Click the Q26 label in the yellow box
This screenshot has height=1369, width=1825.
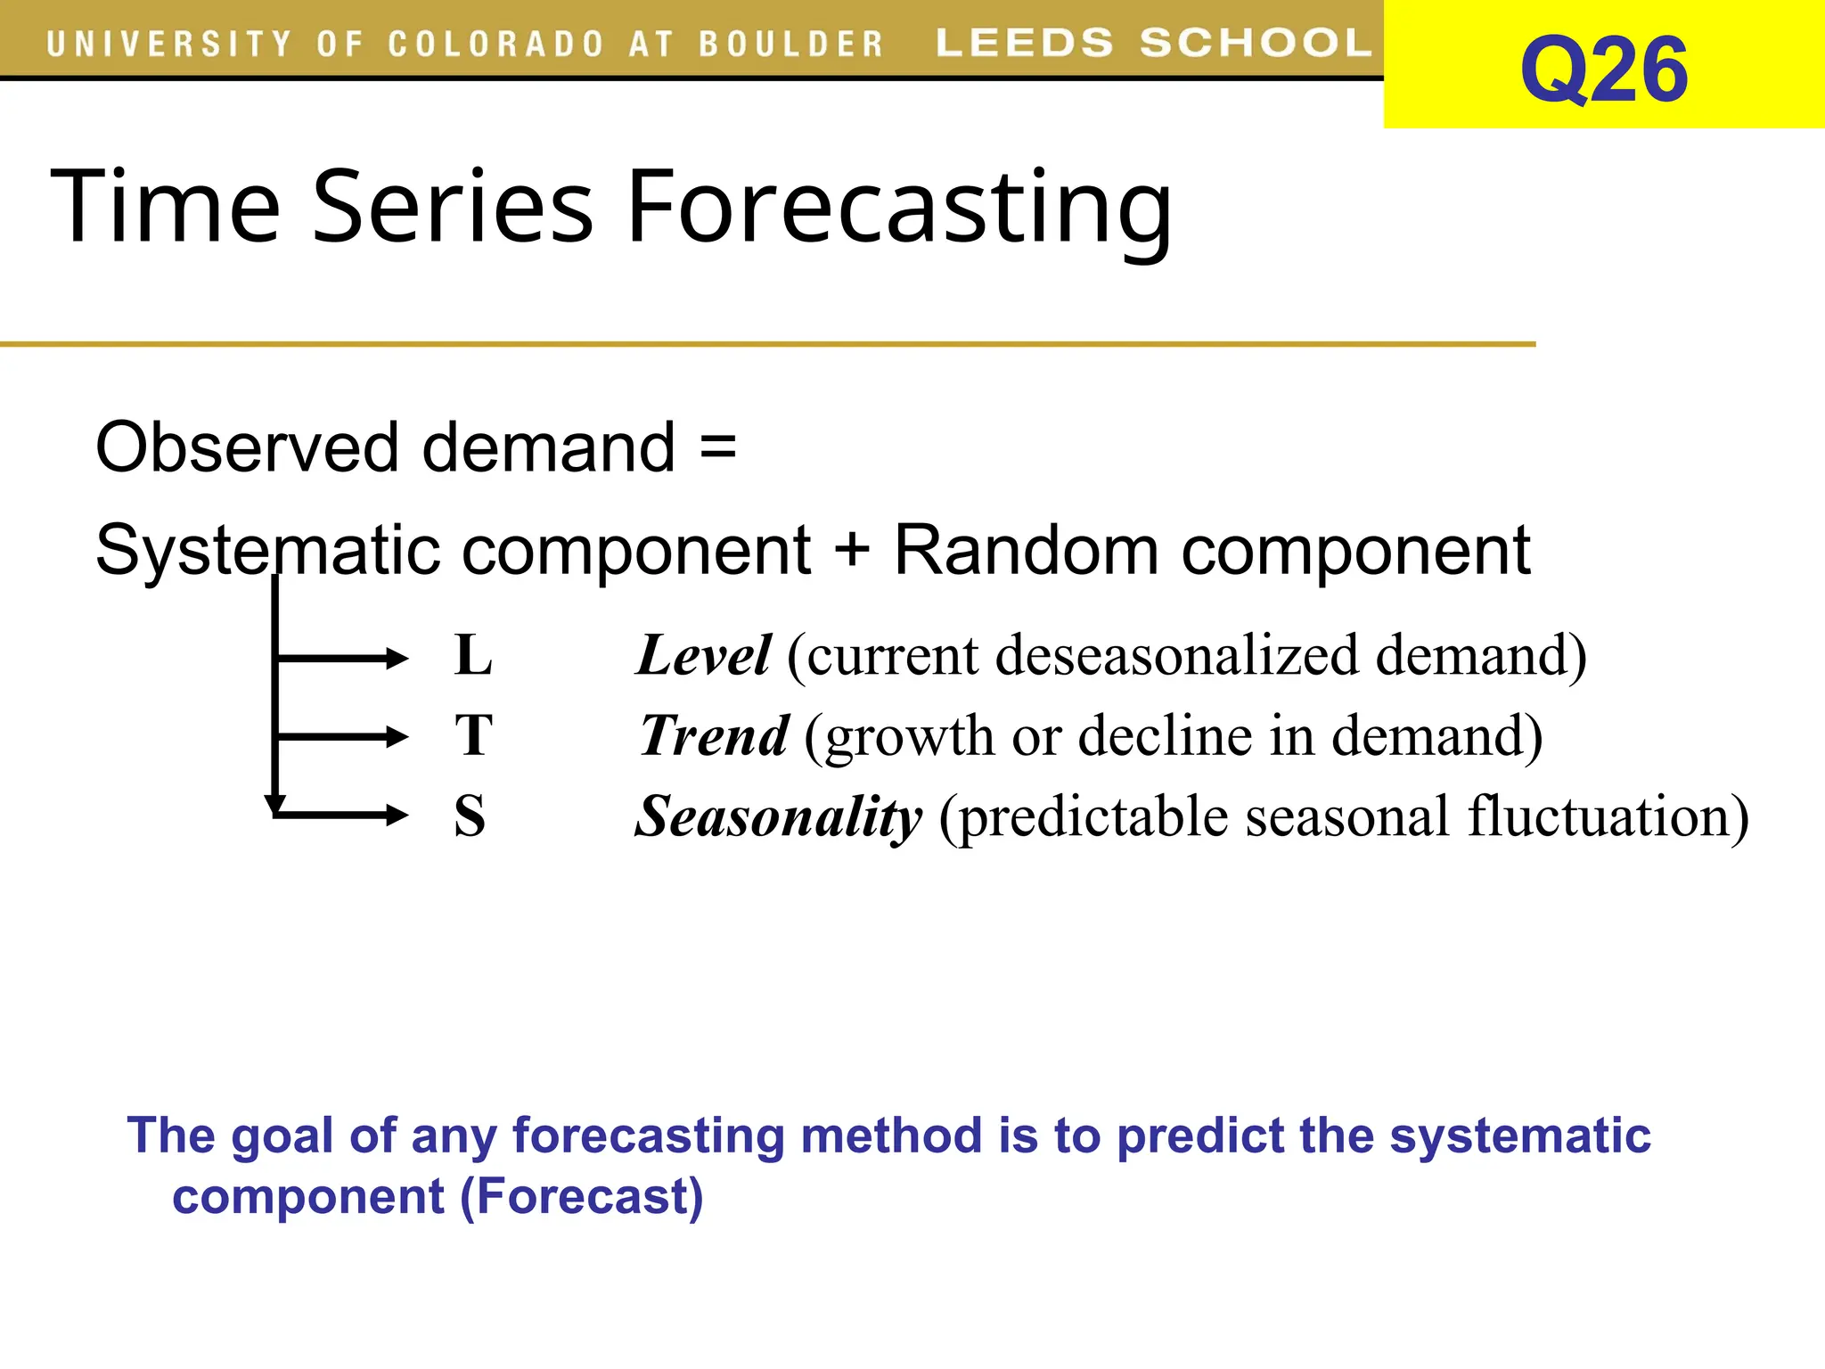(1603, 70)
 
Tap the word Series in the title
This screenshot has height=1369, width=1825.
(452, 207)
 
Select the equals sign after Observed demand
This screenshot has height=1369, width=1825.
(717, 446)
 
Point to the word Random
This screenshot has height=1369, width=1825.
(1025, 550)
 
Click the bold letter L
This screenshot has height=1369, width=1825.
(472, 656)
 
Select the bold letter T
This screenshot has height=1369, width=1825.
(472, 736)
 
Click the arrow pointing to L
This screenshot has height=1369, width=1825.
(343, 659)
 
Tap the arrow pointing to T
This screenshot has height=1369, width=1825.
(343, 737)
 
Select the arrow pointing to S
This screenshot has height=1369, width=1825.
(343, 815)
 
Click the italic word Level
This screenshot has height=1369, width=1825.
(703, 656)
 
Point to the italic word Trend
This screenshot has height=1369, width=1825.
(714, 736)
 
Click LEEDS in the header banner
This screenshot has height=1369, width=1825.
(1024, 43)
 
